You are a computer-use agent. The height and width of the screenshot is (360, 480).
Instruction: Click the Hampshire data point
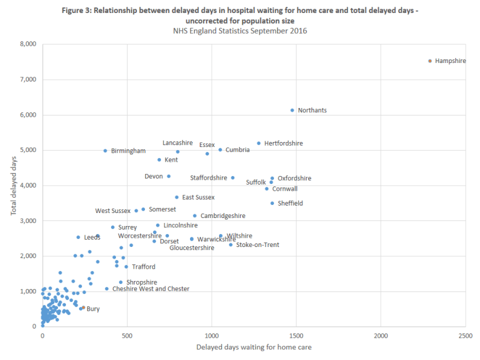tap(430, 61)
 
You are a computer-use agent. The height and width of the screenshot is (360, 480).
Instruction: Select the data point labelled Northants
tap(292, 110)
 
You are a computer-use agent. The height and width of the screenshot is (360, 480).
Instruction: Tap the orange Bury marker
tap(83, 307)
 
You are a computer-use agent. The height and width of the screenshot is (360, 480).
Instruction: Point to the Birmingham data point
tap(106, 151)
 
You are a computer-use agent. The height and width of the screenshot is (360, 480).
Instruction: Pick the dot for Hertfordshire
tap(259, 143)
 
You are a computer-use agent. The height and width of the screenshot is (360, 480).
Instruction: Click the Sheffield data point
tap(272, 203)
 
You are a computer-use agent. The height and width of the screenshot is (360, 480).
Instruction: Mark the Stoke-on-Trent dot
tap(231, 245)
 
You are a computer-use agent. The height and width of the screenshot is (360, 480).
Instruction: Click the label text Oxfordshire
tap(294, 178)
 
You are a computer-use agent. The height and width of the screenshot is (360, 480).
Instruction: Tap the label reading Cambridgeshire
tap(223, 216)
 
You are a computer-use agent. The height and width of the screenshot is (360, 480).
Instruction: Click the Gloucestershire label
tap(192, 248)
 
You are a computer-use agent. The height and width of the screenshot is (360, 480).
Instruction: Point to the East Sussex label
tap(198, 198)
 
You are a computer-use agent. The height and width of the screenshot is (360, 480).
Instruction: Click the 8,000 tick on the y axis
tap(28, 44)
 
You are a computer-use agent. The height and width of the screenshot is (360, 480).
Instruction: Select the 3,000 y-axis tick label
tap(28, 220)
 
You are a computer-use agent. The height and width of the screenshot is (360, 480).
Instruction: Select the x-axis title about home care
tap(254, 347)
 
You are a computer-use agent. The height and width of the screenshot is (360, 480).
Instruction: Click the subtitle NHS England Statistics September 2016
tap(239, 30)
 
